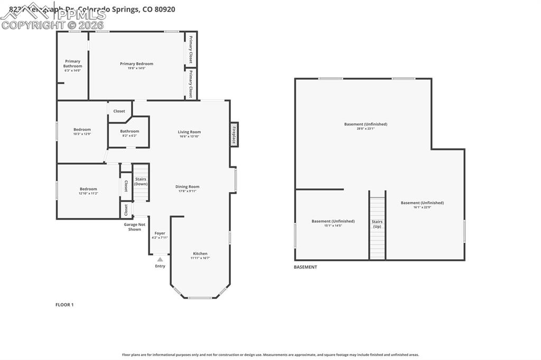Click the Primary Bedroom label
pos(136,64)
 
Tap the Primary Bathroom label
pos(72,64)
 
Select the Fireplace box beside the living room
pos(234,134)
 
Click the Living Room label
pos(189,132)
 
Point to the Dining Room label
pos(187,187)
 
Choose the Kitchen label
pos(200,254)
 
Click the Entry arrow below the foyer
pos(160,259)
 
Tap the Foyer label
pos(160,233)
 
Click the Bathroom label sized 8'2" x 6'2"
pos(129,131)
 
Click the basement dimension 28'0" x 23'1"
pos(366,128)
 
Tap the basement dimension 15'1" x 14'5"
pos(333,225)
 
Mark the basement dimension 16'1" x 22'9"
pos(422,207)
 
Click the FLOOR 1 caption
pos(64,305)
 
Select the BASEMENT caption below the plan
pos(305,267)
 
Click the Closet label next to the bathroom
pos(119,111)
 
